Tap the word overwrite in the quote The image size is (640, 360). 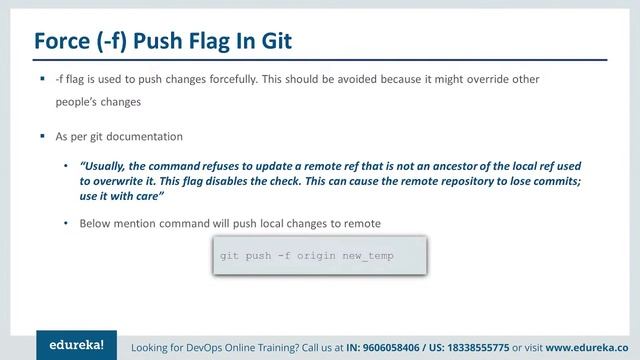pos(115,183)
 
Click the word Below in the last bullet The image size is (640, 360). pos(96,222)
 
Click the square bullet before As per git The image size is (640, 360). pos(43,135)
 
